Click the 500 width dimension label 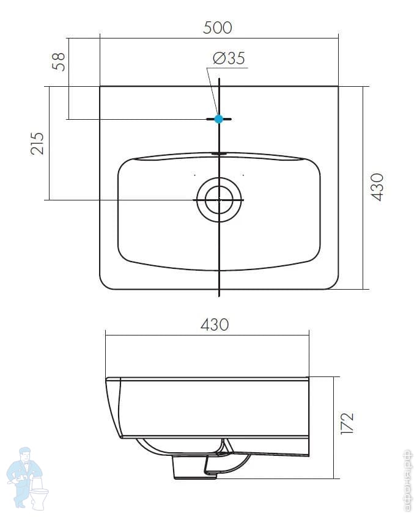coord(218,28)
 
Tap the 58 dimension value coord(59,61)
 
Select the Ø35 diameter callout coord(229,58)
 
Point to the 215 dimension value coord(37,144)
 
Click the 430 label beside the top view coord(377,186)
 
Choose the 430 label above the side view coord(215,324)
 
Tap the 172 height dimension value coord(347,424)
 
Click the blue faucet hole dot coord(219,119)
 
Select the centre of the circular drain coord(219,199)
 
